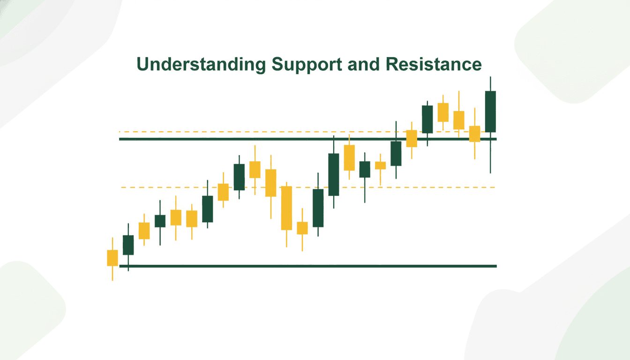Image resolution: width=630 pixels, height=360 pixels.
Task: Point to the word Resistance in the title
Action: pos(434,65)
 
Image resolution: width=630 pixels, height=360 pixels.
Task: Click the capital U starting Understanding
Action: pos(142,65)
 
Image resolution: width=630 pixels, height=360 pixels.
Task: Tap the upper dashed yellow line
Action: pos(234,132)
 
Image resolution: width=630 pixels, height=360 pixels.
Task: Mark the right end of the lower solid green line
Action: pos(495,266)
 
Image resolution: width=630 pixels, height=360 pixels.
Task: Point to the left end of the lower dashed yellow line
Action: pos(123,187)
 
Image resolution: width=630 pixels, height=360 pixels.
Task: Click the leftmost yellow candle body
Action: pos(112,258)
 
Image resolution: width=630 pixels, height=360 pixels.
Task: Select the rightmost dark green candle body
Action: pos(490,112)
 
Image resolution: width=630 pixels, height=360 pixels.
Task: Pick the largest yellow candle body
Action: pos(286,208)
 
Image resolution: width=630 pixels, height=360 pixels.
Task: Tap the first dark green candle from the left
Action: pos(128,245)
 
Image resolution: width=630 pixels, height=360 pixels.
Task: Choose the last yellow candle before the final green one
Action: pos(475,134)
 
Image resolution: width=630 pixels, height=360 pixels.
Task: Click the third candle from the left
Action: pos(144,231)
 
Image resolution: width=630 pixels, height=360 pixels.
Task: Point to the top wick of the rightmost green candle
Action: pos(490,83)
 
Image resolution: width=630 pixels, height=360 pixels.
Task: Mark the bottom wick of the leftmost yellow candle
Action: pos(112,273)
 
